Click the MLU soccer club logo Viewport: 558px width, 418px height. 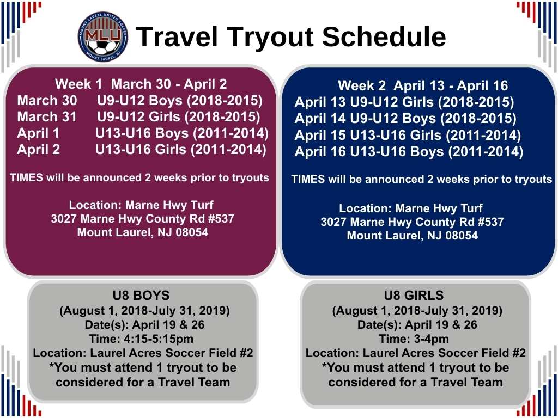103,36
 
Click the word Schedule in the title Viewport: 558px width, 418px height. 384,37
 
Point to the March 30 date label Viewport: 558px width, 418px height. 47,101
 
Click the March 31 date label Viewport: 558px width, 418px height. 47,117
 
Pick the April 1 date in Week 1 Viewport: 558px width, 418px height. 38,133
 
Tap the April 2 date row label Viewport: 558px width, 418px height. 39,149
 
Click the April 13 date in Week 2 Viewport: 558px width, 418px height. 320,102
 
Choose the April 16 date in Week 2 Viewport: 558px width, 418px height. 320,152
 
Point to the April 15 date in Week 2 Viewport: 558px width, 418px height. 320,136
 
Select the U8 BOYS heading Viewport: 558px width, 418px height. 141,296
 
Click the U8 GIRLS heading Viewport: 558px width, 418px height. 414,296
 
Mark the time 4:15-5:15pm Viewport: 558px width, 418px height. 159,339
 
